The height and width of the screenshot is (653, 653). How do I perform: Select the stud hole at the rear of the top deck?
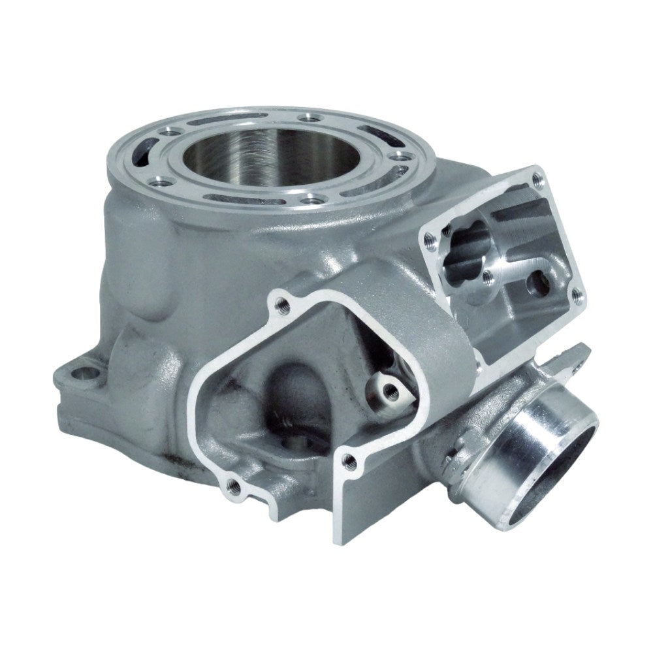tap(304, 118)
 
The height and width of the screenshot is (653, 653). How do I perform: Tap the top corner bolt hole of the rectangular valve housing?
tap(537, 175)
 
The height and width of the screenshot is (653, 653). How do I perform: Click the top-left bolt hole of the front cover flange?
tap(283, 302)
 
